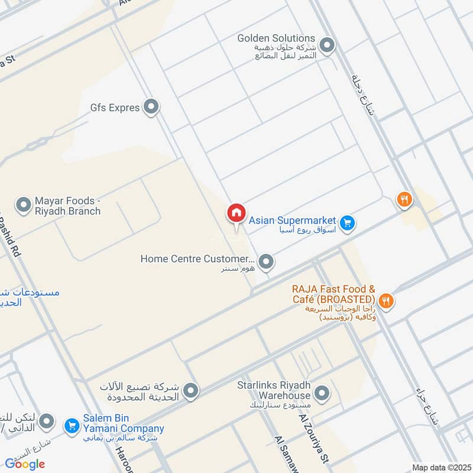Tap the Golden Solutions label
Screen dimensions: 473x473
[x=276, y=38]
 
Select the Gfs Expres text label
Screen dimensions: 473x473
[x=115, y=108]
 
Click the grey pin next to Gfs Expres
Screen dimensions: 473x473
[x=152, y=107]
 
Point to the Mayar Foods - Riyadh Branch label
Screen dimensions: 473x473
[x=67, y=206]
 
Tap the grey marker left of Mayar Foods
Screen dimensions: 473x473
[x=23, y=206]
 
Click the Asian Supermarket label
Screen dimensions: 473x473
[x=292, y=220]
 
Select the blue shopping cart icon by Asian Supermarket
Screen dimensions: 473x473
[x=348, y=222]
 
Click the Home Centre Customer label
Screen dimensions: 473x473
[x=197, y=259]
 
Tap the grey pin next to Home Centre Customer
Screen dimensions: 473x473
[x=266, y=261]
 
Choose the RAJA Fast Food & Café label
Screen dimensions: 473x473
[x=333, y=294]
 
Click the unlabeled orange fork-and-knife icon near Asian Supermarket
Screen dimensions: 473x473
[x=404, y=200]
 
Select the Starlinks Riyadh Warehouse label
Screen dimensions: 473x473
[x=274, y=390]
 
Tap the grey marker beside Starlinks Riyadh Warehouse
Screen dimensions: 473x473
[x=322, y=393]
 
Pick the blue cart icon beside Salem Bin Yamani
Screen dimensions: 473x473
[x=72, y=425]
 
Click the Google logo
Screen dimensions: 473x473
[x=25, y=464]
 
